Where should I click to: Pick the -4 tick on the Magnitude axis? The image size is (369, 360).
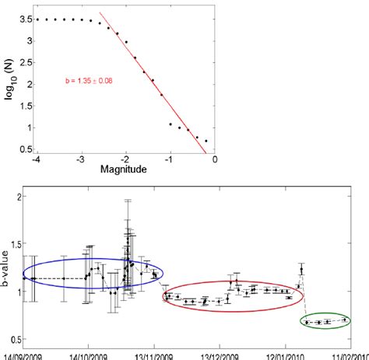tap(33, 161)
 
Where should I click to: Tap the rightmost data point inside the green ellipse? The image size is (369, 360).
tap(344, 319)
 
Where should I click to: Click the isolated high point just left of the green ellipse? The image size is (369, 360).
tap(301, 270)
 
